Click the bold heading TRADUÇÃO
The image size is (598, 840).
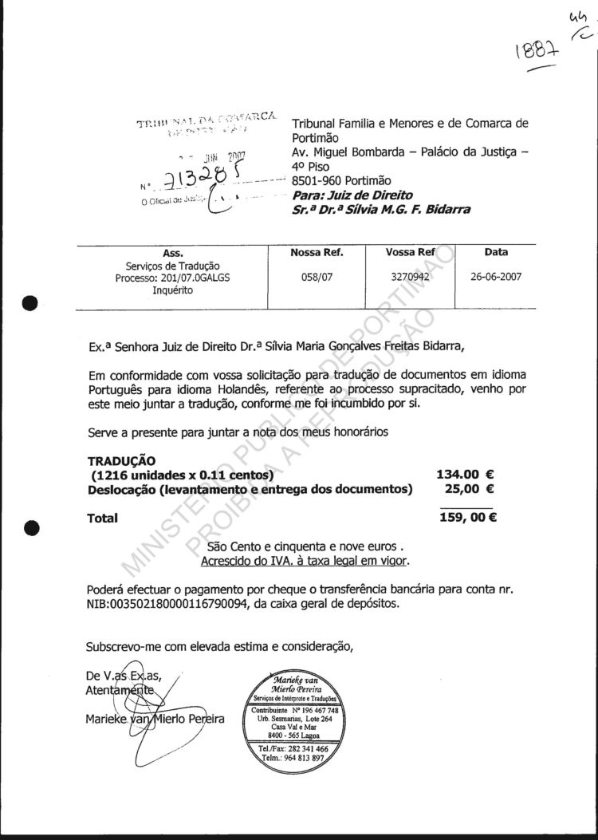(x=121, y=460)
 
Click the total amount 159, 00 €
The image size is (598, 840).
(x=468, y=518)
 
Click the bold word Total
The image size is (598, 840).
(x=102, y=519)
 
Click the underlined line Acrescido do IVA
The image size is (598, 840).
(x=305, y=561)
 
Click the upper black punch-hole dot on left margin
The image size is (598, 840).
(x=31, y=304)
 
